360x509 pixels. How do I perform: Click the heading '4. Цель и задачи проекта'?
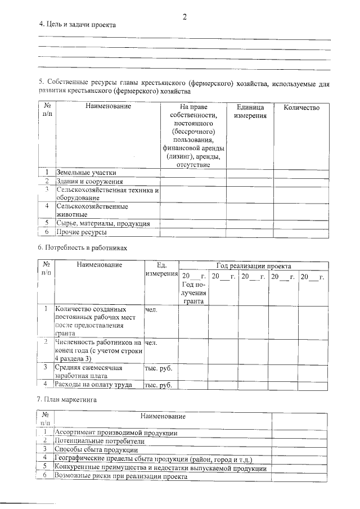[x=77, y=25]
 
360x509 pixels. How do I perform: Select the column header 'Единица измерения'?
[x=250, y=111]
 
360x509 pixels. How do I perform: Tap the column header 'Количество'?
[x=301, y=107]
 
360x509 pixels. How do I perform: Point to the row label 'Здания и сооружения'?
[x=89, y=181]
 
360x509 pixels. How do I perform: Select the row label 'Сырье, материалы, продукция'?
[x=102, y=223]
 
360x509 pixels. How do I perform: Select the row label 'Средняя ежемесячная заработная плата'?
[x=89, y=372]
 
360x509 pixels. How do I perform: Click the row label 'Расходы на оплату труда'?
[x=93, y=385]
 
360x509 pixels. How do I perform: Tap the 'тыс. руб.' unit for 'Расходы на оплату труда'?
[x=158, y=385]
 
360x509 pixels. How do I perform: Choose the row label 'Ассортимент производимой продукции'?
[x=116, y=433]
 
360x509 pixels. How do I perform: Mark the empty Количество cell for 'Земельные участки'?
[x=301, y=173]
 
